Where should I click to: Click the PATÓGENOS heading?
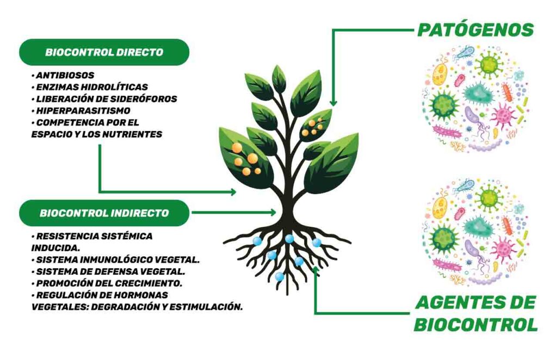[x=475, y=29]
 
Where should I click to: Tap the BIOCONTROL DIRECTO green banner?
[x=104, y=52]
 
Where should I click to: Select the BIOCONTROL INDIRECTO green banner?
[x=104, y=213]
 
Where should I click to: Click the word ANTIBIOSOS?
[x=65, y=75]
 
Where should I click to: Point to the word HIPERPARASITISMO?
[x=83, y=110]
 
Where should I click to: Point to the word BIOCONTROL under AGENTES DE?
[x=476, y=325]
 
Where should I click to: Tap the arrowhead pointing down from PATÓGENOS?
[x=333, y=103]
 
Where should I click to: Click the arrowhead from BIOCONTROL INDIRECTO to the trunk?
[x=273, y=213]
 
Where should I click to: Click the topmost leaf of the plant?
[x=279, y=79]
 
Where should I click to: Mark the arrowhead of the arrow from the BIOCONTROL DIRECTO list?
[x=232, y=192]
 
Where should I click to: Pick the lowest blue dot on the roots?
[x=280, y=276]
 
